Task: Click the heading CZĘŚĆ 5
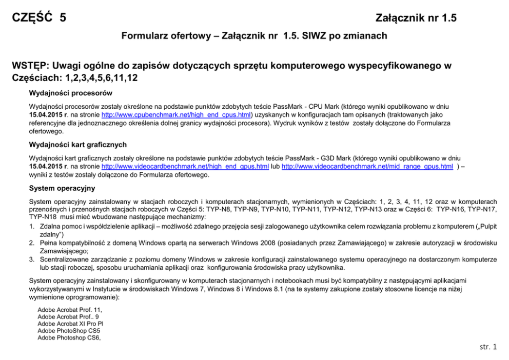coord(39,18)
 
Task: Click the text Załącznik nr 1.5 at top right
coord(416,19)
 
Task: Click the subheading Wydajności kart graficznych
coord(78,145)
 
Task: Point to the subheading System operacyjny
coord(62,188)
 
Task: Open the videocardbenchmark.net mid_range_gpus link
coord(367,167)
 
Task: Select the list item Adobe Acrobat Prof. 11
coord(67,310)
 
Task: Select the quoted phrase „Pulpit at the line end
coord(486,226)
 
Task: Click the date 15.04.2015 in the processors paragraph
coord(47,116)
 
